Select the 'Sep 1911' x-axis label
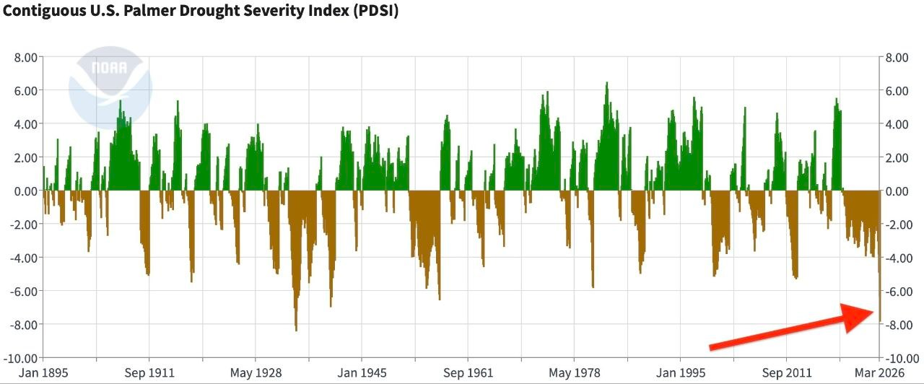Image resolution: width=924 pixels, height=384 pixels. pos(149,372)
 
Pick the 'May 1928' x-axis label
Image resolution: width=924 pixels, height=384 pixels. pos(255,372)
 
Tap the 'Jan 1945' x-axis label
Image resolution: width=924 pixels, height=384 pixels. pos(361,372)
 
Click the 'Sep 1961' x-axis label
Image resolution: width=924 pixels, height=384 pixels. pos(468,372)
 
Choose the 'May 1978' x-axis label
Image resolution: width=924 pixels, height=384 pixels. pos(574,372)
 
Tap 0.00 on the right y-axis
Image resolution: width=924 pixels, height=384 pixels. pos(897,191)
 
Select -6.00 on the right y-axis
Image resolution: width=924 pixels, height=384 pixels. pos(899,292)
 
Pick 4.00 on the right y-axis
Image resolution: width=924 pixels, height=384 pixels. pos(897,124)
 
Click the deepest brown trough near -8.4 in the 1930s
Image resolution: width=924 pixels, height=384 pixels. pos(296,328)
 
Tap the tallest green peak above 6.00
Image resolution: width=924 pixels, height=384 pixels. pos(606,84)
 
